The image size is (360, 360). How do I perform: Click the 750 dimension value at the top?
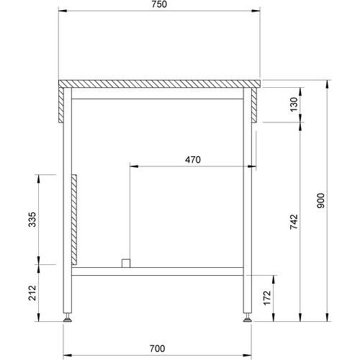(x=159, y=4)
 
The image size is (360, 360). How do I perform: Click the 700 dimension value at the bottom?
(x=158, y=348)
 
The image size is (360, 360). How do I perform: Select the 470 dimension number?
(x=193, y=160)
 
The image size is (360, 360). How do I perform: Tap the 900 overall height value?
(x=320, y=200)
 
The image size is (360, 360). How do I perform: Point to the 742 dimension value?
(x=294, y=222)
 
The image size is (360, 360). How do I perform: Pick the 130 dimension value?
(x=294, y=104)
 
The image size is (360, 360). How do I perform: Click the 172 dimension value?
(x=267, y=298)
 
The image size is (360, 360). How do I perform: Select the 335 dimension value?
(x=32, y=220)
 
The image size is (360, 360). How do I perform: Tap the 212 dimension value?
(x=32, y=293)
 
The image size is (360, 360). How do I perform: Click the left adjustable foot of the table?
(x=68, y=318)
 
